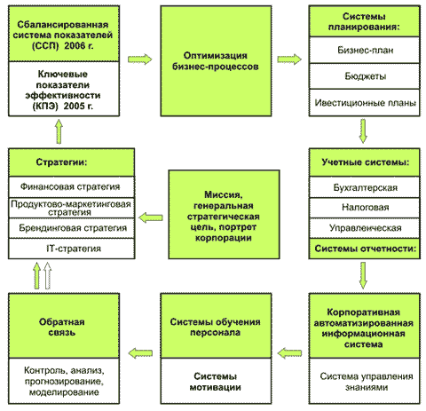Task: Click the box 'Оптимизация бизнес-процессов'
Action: point(216,61)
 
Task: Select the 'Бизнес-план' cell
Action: point(365,50)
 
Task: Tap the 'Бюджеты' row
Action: point(365,76)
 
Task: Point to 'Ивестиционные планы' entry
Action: point(365,103)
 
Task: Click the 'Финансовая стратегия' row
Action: point(72,187)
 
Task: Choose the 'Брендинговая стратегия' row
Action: point(72,228)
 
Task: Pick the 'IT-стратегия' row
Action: point(72,249)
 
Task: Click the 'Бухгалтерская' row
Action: point(365,187)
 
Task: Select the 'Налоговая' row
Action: point(365,208)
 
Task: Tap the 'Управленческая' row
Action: point(365,228)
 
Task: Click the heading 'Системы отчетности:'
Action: point(365,249)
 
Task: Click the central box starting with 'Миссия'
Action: point(224,215)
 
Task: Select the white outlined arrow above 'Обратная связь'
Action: point(47,275)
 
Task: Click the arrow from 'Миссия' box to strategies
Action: point(151,217)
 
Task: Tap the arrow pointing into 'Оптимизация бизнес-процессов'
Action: point(140,59)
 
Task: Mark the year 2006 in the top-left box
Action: point(75,45)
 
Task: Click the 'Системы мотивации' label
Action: point(216,382)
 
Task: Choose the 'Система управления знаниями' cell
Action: point(367,382)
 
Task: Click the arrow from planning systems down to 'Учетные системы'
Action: point(363,130)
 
